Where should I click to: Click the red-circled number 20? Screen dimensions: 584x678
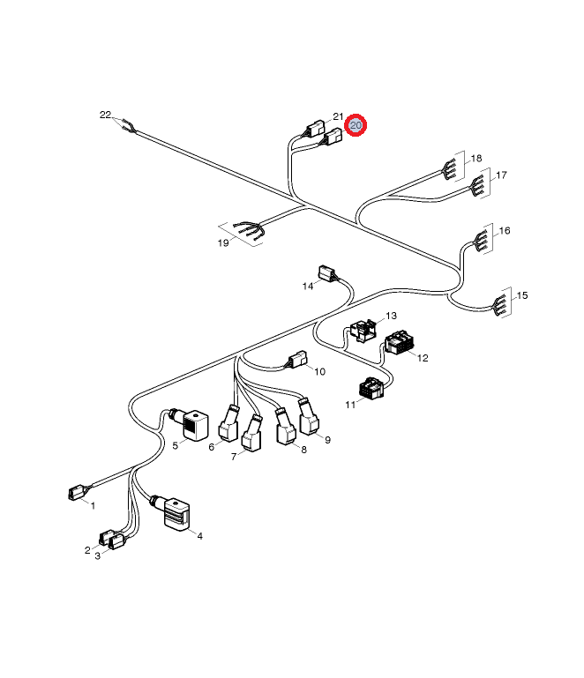(x=356, y=125)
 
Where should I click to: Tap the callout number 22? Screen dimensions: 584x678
(x=105, y=115)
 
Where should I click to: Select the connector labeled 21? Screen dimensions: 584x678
(x=315, y=128)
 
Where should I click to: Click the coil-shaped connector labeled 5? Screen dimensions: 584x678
(x=195, y=426)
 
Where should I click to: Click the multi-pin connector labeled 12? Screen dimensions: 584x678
(x=399, y=342)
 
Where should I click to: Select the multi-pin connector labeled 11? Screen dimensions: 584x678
(x=371, y=388)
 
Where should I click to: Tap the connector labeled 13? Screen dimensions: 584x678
(x=363, y=331)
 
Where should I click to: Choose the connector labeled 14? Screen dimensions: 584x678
(x=326, y=273)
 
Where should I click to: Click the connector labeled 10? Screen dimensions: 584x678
(x=298, y=360)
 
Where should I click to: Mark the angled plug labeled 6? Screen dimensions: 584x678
(x=229, y=424)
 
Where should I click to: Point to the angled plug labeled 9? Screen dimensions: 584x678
(x=309, y=417)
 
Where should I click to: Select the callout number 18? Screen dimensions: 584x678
(x=476, y=158)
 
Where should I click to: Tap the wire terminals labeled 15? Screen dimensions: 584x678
(x=500, y=302)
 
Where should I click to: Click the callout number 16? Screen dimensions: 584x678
(x=505, y=230)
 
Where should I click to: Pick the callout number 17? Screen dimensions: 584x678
(x=501, y=175)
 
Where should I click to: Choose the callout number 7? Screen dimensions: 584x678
(x=234, y=457)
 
